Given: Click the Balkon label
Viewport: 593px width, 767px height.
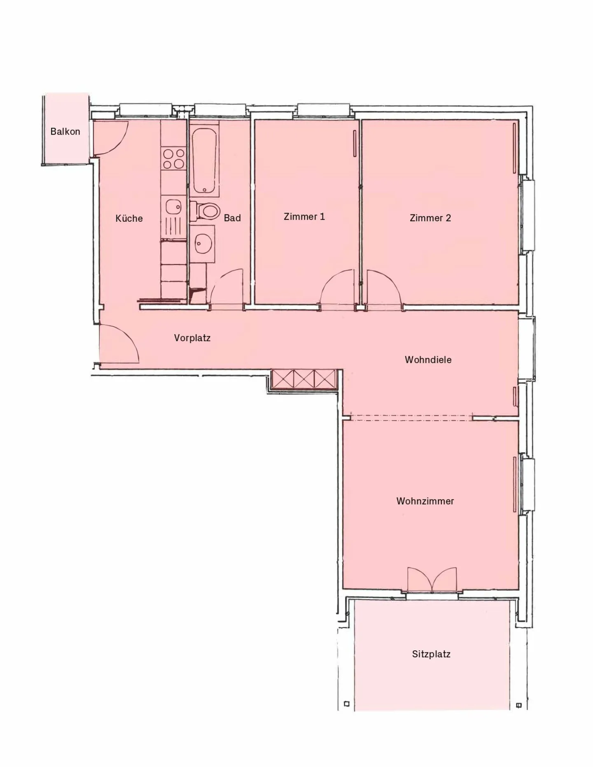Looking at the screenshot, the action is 65,132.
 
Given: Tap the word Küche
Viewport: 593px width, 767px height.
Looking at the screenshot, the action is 129,218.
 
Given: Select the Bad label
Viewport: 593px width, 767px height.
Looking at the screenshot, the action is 232,218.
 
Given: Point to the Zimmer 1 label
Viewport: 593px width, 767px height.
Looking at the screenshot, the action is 304,216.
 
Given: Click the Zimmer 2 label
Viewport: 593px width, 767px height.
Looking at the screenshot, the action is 430,218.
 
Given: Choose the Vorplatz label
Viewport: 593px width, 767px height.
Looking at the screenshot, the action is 192,338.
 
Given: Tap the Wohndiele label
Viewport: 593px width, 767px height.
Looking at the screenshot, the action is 428,360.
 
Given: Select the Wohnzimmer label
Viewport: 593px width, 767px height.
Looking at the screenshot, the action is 425,501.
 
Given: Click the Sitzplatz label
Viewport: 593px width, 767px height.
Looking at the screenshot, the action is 431,654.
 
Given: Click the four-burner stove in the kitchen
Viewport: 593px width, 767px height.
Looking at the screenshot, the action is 173,159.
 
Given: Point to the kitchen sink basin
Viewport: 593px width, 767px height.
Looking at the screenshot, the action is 173,207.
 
